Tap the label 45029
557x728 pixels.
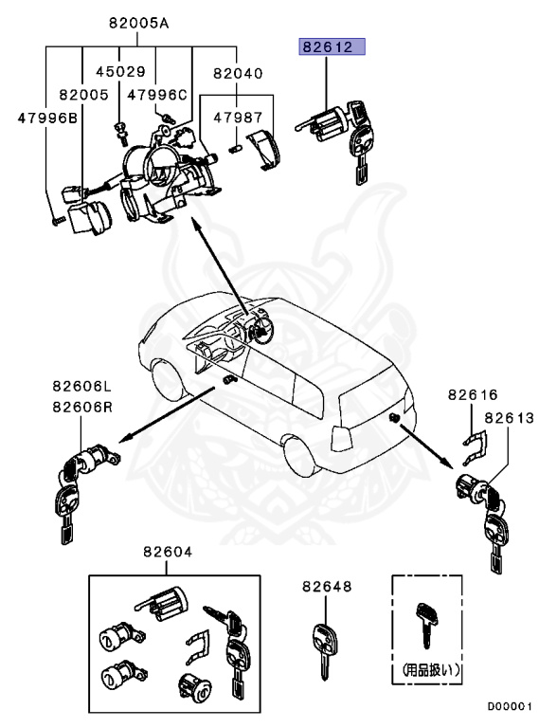point(121,72)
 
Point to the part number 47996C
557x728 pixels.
point(158,95)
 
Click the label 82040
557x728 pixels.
point(238,72)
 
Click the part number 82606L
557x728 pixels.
point(81,388)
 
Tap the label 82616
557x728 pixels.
point(472,393)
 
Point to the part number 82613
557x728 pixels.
point(510,417)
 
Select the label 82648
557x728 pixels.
point(327,588)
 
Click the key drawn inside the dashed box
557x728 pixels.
point(424,626)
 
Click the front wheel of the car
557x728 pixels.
point(171,377)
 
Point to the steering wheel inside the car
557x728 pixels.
point(258,327)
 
